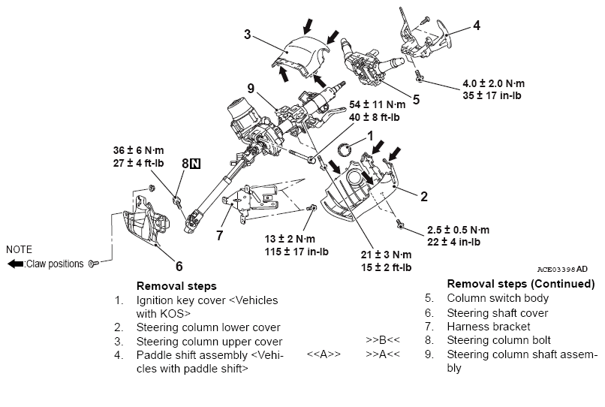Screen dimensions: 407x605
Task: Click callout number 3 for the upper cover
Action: pyautogui.click(x=246, y=34)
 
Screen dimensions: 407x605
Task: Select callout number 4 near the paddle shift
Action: pyautogui.click(x=476, y=25)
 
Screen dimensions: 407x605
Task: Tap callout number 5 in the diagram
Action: pyautogui.click(x=415, y=99)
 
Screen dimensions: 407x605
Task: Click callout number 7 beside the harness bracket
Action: pyautogui.click(x=219, y=235)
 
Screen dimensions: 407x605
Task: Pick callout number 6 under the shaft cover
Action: pyautogui.click(x=179, y=266)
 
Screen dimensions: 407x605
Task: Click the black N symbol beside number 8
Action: pyautogui.click(x=195, y=164)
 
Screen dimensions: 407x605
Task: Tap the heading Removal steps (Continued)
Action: pyautogui.click(x=520, y=285)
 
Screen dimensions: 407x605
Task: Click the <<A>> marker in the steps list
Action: pyautogui.click(x=324, y=352)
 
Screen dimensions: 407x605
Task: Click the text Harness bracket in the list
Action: pyautogui.click(x=489, y=326)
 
